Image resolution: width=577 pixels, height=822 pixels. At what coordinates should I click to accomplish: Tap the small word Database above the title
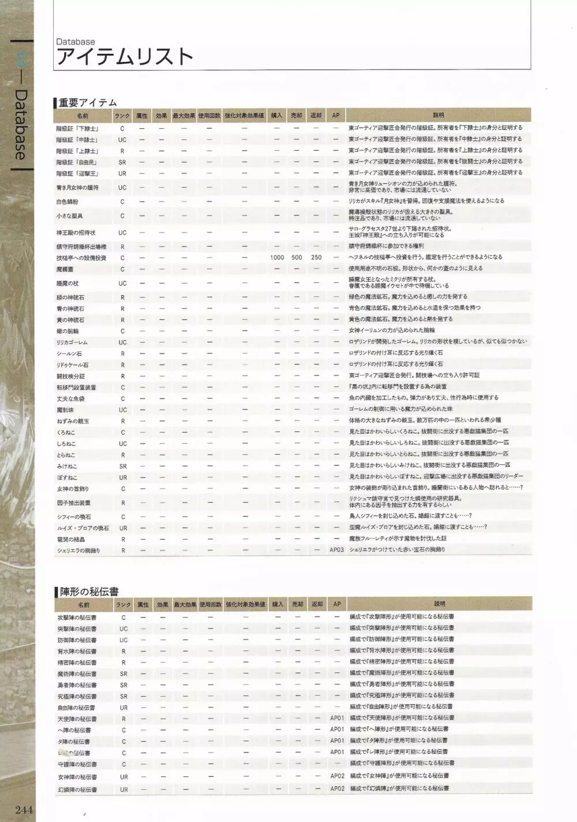coord(76,42)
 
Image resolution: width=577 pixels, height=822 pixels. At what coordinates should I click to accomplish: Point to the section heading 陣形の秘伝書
coord(89,592)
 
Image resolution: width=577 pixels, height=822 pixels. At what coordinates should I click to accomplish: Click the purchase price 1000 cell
coord(277,258)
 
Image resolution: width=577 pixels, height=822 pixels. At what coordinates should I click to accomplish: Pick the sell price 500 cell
coord(297,258)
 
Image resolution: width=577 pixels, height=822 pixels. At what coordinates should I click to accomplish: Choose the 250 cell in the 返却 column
coord(316,258)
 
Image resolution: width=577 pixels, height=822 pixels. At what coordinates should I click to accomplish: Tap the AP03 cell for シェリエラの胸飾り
coord(337,551)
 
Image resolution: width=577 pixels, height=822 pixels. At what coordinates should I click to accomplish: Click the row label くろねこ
coord(67,433)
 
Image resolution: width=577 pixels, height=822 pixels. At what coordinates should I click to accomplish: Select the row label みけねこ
coord(67,466)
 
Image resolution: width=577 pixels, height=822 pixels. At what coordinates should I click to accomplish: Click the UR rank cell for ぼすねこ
coord(122,478)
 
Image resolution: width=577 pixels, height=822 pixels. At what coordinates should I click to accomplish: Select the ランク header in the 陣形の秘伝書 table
coord(122,605)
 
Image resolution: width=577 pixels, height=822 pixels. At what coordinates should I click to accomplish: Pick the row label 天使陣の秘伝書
coord(77,719)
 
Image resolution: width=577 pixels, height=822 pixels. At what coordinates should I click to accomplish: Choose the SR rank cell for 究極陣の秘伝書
coord(123,697)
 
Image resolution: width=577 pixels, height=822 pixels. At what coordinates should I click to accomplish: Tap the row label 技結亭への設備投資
coord(81,258)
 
